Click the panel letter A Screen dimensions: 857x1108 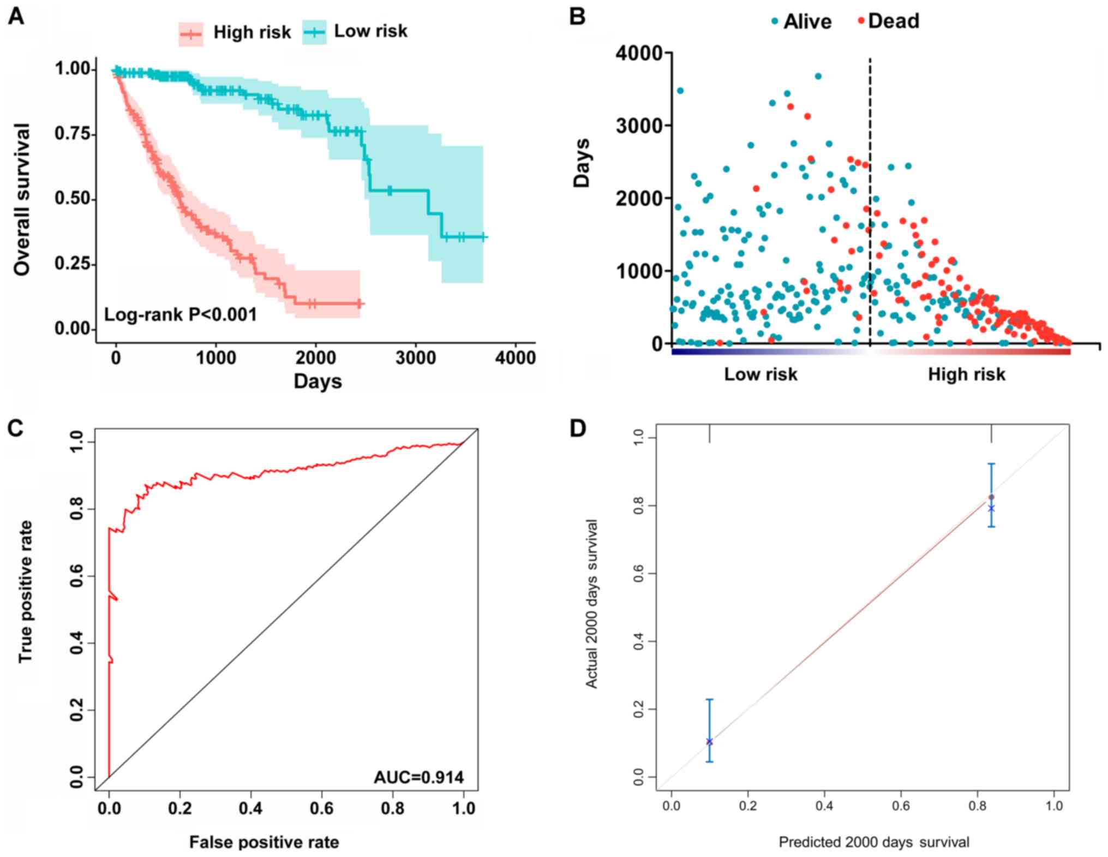click(x=16, y=17)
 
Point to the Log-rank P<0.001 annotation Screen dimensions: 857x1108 click(x=180, y=314)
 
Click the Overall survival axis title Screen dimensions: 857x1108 click(x=22, y=199)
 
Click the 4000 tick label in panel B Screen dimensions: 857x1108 click(x=639, y=53)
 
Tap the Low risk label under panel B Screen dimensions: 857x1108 click(x=760, y=374)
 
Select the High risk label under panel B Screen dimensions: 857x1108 click(x=966, y=374)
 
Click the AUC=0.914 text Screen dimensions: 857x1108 click(x=418, y=777)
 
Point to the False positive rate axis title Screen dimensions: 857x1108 click(x=264, y=842)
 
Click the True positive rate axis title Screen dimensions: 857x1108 click(x=26, y=592)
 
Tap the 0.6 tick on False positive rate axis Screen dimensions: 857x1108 click(x=321, y=808)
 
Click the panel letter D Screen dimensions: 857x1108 click(x=578, y=429)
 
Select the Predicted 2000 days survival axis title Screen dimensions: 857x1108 click(x=873, y=842)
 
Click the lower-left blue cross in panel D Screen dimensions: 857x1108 click(x=709, y=741)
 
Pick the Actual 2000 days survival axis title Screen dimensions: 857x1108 click(x=591, y=603)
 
